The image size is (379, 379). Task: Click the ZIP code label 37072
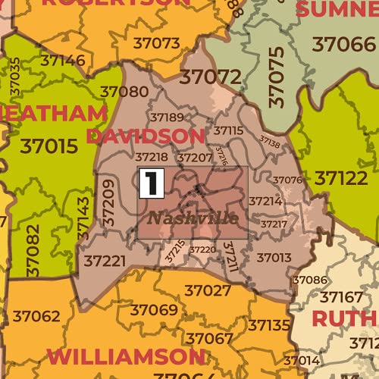pos(211,77)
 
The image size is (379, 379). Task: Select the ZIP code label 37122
pos(340,178)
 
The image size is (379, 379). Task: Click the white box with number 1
pos(152,183)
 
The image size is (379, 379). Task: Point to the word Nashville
pos(193,218)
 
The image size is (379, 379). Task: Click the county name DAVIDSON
pos(146,136)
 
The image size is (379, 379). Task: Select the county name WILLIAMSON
pos(125,356)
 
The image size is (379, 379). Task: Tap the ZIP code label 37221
pos(105,261)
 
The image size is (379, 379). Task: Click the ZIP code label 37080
pos(124,92)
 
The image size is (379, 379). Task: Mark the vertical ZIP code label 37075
pos(277,76)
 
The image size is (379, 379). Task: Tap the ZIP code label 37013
pos(274,258)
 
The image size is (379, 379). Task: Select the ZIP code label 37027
pos(208,290)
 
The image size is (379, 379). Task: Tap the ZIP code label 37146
pos(63,59)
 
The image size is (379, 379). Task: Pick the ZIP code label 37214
pos(265,202)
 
